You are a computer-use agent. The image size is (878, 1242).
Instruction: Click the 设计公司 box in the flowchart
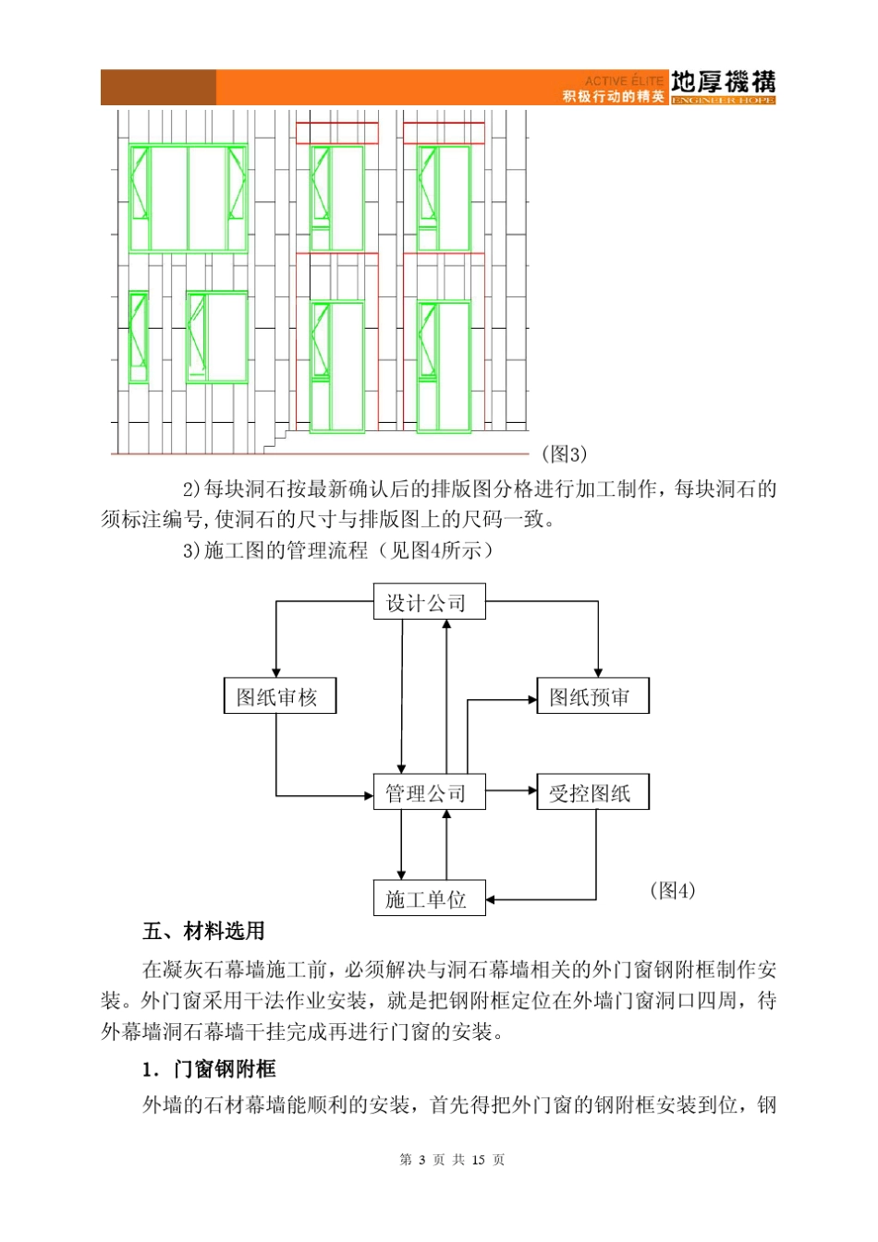tap(429, 602)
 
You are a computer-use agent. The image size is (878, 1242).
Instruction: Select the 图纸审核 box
tap(279, 696)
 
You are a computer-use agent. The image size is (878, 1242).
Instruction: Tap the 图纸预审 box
tap(592, 696)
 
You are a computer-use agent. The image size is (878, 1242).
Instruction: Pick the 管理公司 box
tap(429, 792)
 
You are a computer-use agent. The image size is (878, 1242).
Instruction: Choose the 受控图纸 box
tap(592, 792)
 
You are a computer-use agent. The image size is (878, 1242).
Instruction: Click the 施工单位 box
tap(429, 898)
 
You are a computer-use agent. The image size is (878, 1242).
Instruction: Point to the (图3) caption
tap(564, 454)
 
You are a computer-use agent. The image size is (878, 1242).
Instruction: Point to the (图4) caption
tap(672, 891)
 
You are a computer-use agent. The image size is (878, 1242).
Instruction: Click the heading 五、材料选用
tap(204, 931)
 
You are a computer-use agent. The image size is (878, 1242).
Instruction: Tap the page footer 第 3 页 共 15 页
tap(452, 1160)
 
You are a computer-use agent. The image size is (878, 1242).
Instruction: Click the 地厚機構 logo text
tap(723, 82)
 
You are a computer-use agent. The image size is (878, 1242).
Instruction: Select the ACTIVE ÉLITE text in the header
tap(624, 81)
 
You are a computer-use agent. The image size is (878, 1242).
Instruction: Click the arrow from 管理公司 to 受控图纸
tap(511, 790)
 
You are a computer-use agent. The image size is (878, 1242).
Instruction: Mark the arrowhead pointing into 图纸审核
tap(276, 672)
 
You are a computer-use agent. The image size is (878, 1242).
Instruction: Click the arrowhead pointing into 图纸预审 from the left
tap(531, 700)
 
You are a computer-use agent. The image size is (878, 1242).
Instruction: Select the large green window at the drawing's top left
tap(188, 199)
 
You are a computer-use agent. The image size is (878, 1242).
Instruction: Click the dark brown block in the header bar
tap(158, 88)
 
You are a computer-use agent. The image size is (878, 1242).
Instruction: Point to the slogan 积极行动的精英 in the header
tap(614, 97)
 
